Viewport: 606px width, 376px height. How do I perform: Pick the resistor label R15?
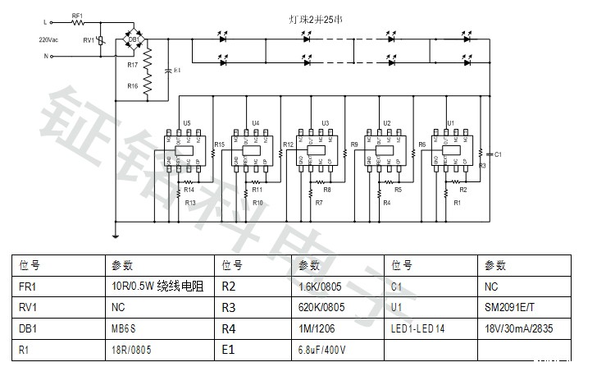click(219, 145)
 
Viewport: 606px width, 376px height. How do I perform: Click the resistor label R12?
click(288, 145)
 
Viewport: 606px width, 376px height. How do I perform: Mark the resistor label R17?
click(132, 63)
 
